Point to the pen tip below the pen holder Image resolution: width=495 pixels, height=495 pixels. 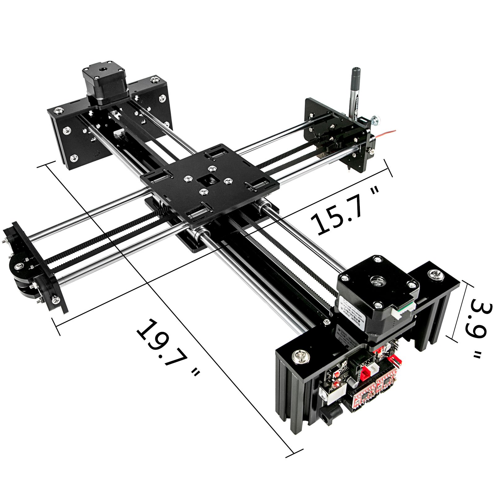pos(349,169)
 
